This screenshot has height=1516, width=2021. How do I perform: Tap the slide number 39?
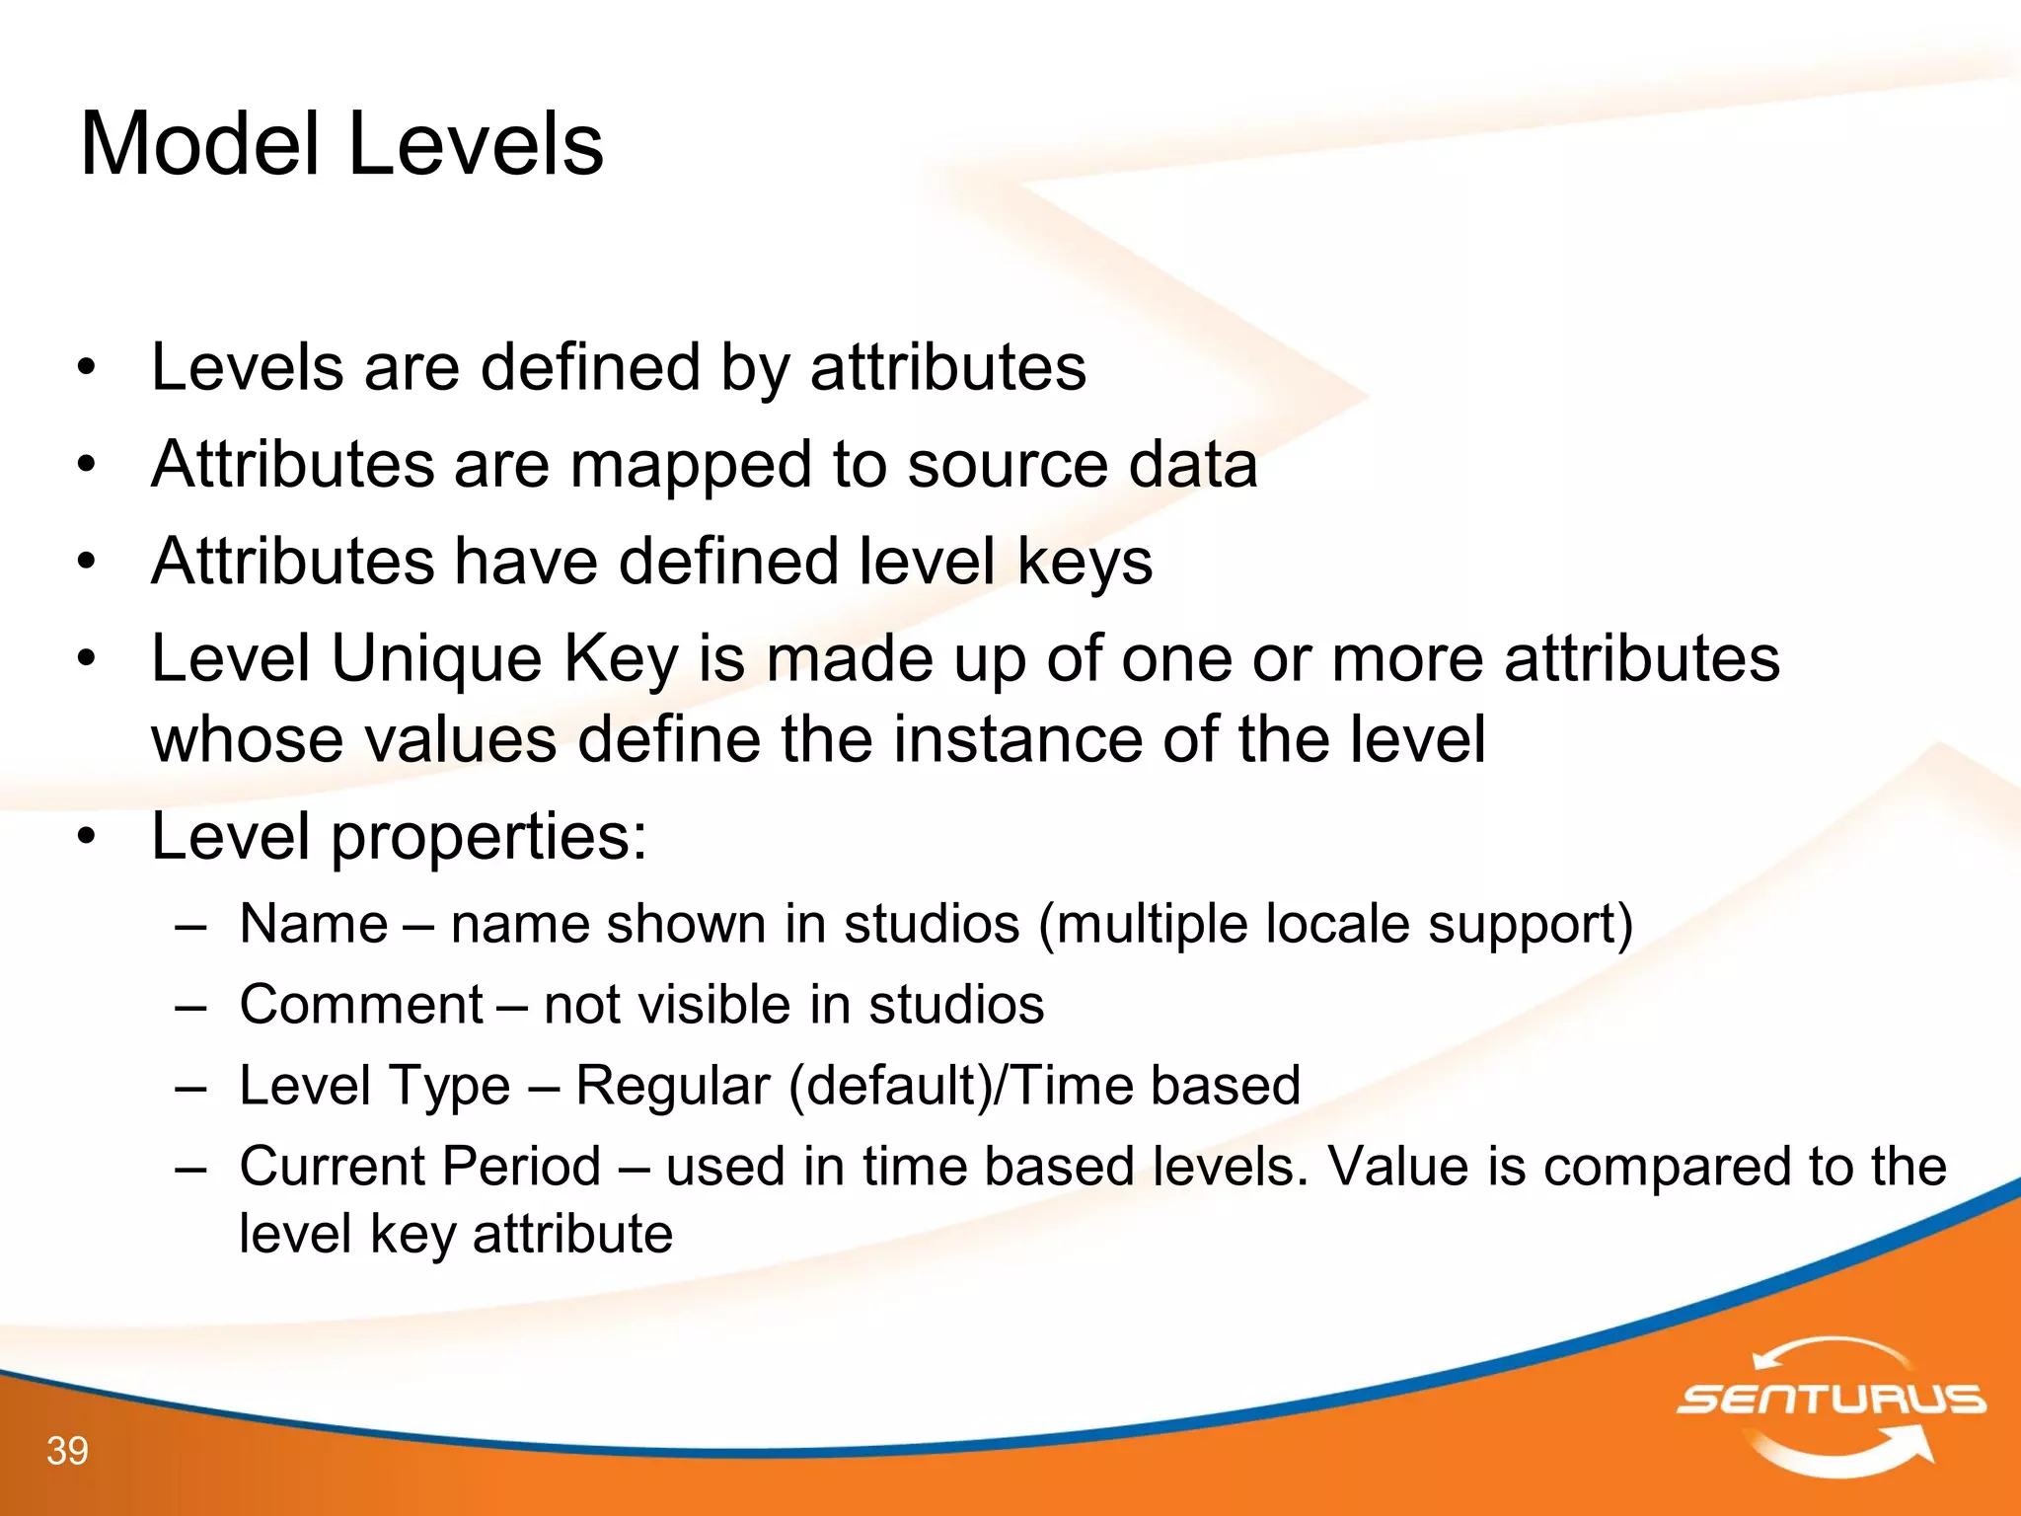pyautogui.click(x=67, y=1451)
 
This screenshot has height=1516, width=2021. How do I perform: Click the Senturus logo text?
pyautogui.click(x=1831, y=1399)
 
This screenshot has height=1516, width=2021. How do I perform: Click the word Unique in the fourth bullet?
pyautogui.click(x=435, y=658)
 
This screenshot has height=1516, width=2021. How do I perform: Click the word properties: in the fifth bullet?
pyautogui.click(x=487, y=838)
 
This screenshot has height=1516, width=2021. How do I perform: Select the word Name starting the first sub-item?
pyautogui.click(x=314, y=925)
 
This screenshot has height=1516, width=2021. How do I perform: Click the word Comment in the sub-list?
pyautogui.click(x=361, y=1005)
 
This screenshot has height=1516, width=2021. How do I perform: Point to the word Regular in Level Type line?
pyautogui.click(x=672, y=1086)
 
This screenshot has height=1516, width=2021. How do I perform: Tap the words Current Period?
pyautogui.click(x=420, y=1167)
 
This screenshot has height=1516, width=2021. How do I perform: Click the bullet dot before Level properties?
pyautogui.click(x=88, y=837)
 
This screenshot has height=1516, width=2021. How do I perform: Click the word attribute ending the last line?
pyautogui.click(x=572, y=1234)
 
